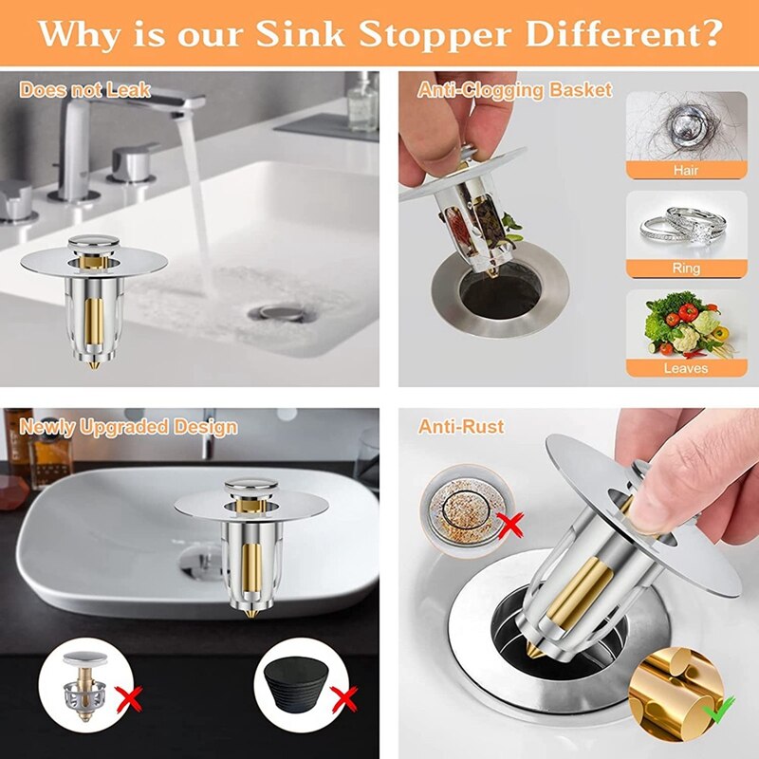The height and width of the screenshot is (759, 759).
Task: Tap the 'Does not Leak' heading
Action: point(85,91)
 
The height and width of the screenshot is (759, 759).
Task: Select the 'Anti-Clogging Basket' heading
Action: point(515,91)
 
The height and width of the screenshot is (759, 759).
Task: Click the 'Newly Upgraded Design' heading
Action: point(129,427)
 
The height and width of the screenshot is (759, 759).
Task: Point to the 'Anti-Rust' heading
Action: point(461,427)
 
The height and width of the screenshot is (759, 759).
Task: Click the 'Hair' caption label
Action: point(686,170)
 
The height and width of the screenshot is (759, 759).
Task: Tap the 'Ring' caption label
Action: point(686,268)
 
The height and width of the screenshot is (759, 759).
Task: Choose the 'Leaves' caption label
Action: point(686,367)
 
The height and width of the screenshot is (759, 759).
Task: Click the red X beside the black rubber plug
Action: point(343,700)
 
